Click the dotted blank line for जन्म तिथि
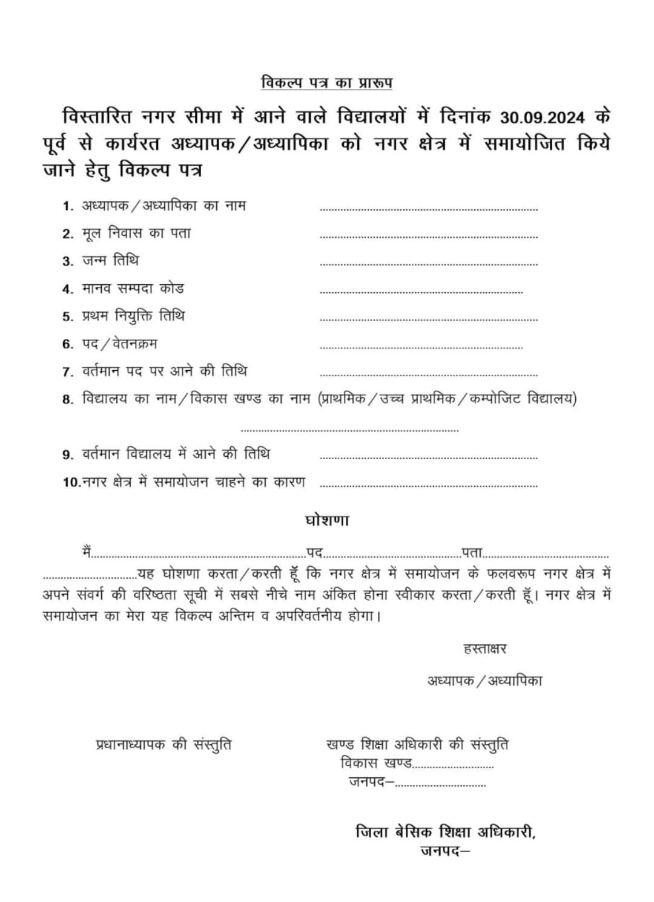point(428,264)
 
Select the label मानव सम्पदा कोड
point(133,289)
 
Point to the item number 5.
point(67,317)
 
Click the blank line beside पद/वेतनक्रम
point(421,347)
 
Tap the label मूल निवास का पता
point(136,234)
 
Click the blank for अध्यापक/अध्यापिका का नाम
point(428,209)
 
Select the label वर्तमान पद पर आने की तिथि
point(164,371)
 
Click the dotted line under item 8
point(349,430)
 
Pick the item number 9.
point(67,455)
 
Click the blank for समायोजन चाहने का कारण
point(428,485)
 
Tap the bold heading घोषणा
point(326,520)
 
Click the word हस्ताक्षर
point(484,649)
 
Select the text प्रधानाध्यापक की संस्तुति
point(163,745)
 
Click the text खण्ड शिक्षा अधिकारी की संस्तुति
point(417,744)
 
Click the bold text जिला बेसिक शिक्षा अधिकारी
point(446,832)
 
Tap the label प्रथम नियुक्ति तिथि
point(133,316)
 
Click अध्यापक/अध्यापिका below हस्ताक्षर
point(484,681)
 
